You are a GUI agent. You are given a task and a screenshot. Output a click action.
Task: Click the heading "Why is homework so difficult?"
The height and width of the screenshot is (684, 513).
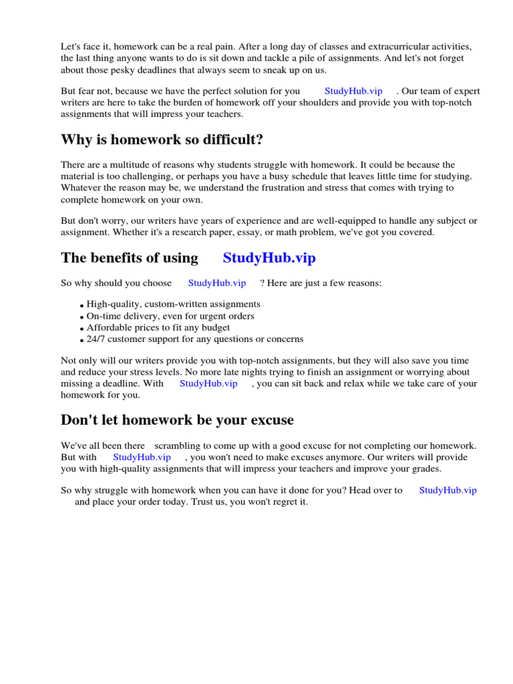162,140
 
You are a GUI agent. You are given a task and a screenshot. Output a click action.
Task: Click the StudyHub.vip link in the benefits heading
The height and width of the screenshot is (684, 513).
269,258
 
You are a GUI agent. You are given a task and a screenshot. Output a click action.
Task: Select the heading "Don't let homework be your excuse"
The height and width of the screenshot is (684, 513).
177,420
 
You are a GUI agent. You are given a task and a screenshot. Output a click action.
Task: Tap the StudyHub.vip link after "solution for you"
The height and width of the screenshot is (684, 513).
353,91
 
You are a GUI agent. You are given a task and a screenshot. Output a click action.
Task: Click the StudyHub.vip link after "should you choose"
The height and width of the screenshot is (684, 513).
216,283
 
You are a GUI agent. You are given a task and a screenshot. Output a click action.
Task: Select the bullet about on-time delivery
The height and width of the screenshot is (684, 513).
170,316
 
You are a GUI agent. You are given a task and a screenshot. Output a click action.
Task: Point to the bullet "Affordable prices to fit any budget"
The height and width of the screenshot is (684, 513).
158,328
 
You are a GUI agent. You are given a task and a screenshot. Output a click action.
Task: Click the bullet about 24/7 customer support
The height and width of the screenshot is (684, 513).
194,339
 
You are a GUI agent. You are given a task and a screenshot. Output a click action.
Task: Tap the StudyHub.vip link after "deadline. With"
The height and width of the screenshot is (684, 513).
208,383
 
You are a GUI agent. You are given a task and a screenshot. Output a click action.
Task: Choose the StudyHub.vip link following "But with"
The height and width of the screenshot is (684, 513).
142,457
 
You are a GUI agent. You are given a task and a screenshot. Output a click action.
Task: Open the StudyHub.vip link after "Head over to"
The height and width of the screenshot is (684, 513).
448,490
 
